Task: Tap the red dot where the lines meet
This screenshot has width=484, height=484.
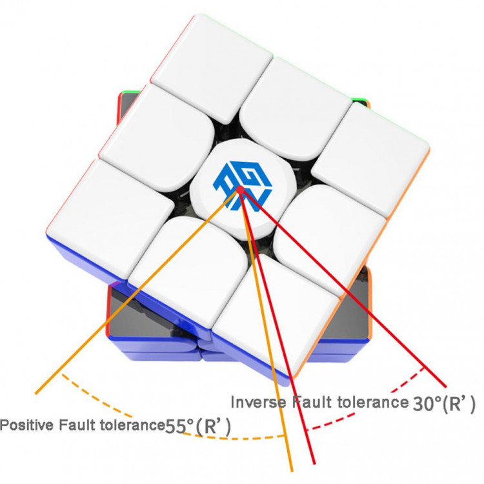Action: tap(240, 189)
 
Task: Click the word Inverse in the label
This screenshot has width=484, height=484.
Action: tap(258, 402)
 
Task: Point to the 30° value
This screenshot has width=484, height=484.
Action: tap(427, 403)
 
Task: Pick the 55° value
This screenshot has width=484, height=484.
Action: tap(179, 427)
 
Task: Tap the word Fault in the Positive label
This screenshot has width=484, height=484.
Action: tap(77, 425)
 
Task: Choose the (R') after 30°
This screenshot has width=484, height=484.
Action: tap(459, 404)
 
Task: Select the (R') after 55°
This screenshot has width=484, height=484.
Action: tap(214, 427)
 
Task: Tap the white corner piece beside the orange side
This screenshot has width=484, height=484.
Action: tap(370, 161)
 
